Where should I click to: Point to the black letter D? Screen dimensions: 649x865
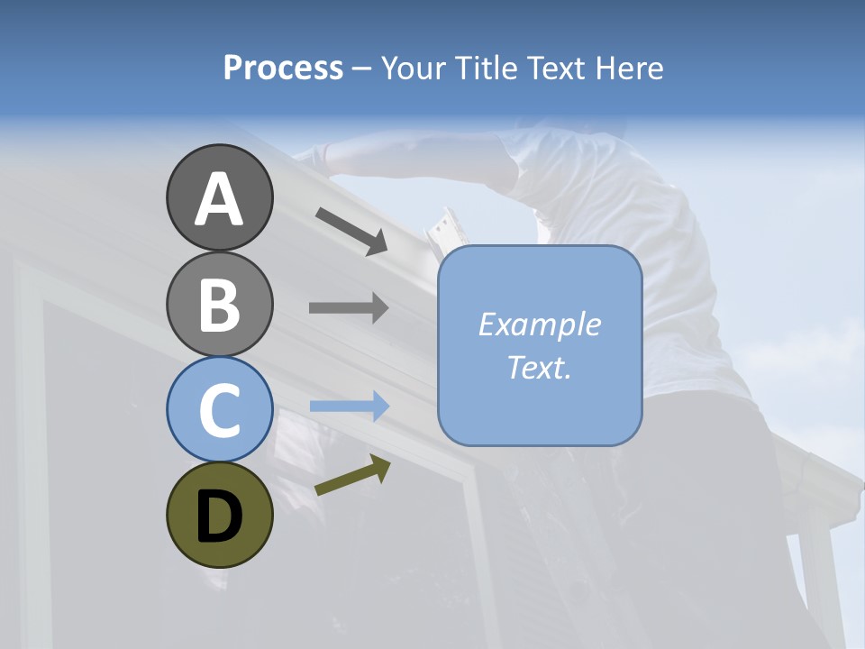click(219, 517)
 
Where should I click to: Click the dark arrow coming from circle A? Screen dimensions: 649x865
click(351, 231)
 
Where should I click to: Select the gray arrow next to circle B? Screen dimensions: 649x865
click(349, 308)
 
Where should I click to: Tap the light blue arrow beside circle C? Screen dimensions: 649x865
click(349, 407)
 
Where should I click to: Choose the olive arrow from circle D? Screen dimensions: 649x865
click(352, 475)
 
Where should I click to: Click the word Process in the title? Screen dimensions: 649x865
click(283, 69)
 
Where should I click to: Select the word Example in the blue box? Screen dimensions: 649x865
click(539, 324)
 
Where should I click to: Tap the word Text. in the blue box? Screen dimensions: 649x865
click(539, 367)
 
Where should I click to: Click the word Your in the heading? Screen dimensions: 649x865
click(412, 69)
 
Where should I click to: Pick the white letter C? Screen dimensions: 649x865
click(219, 410)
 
